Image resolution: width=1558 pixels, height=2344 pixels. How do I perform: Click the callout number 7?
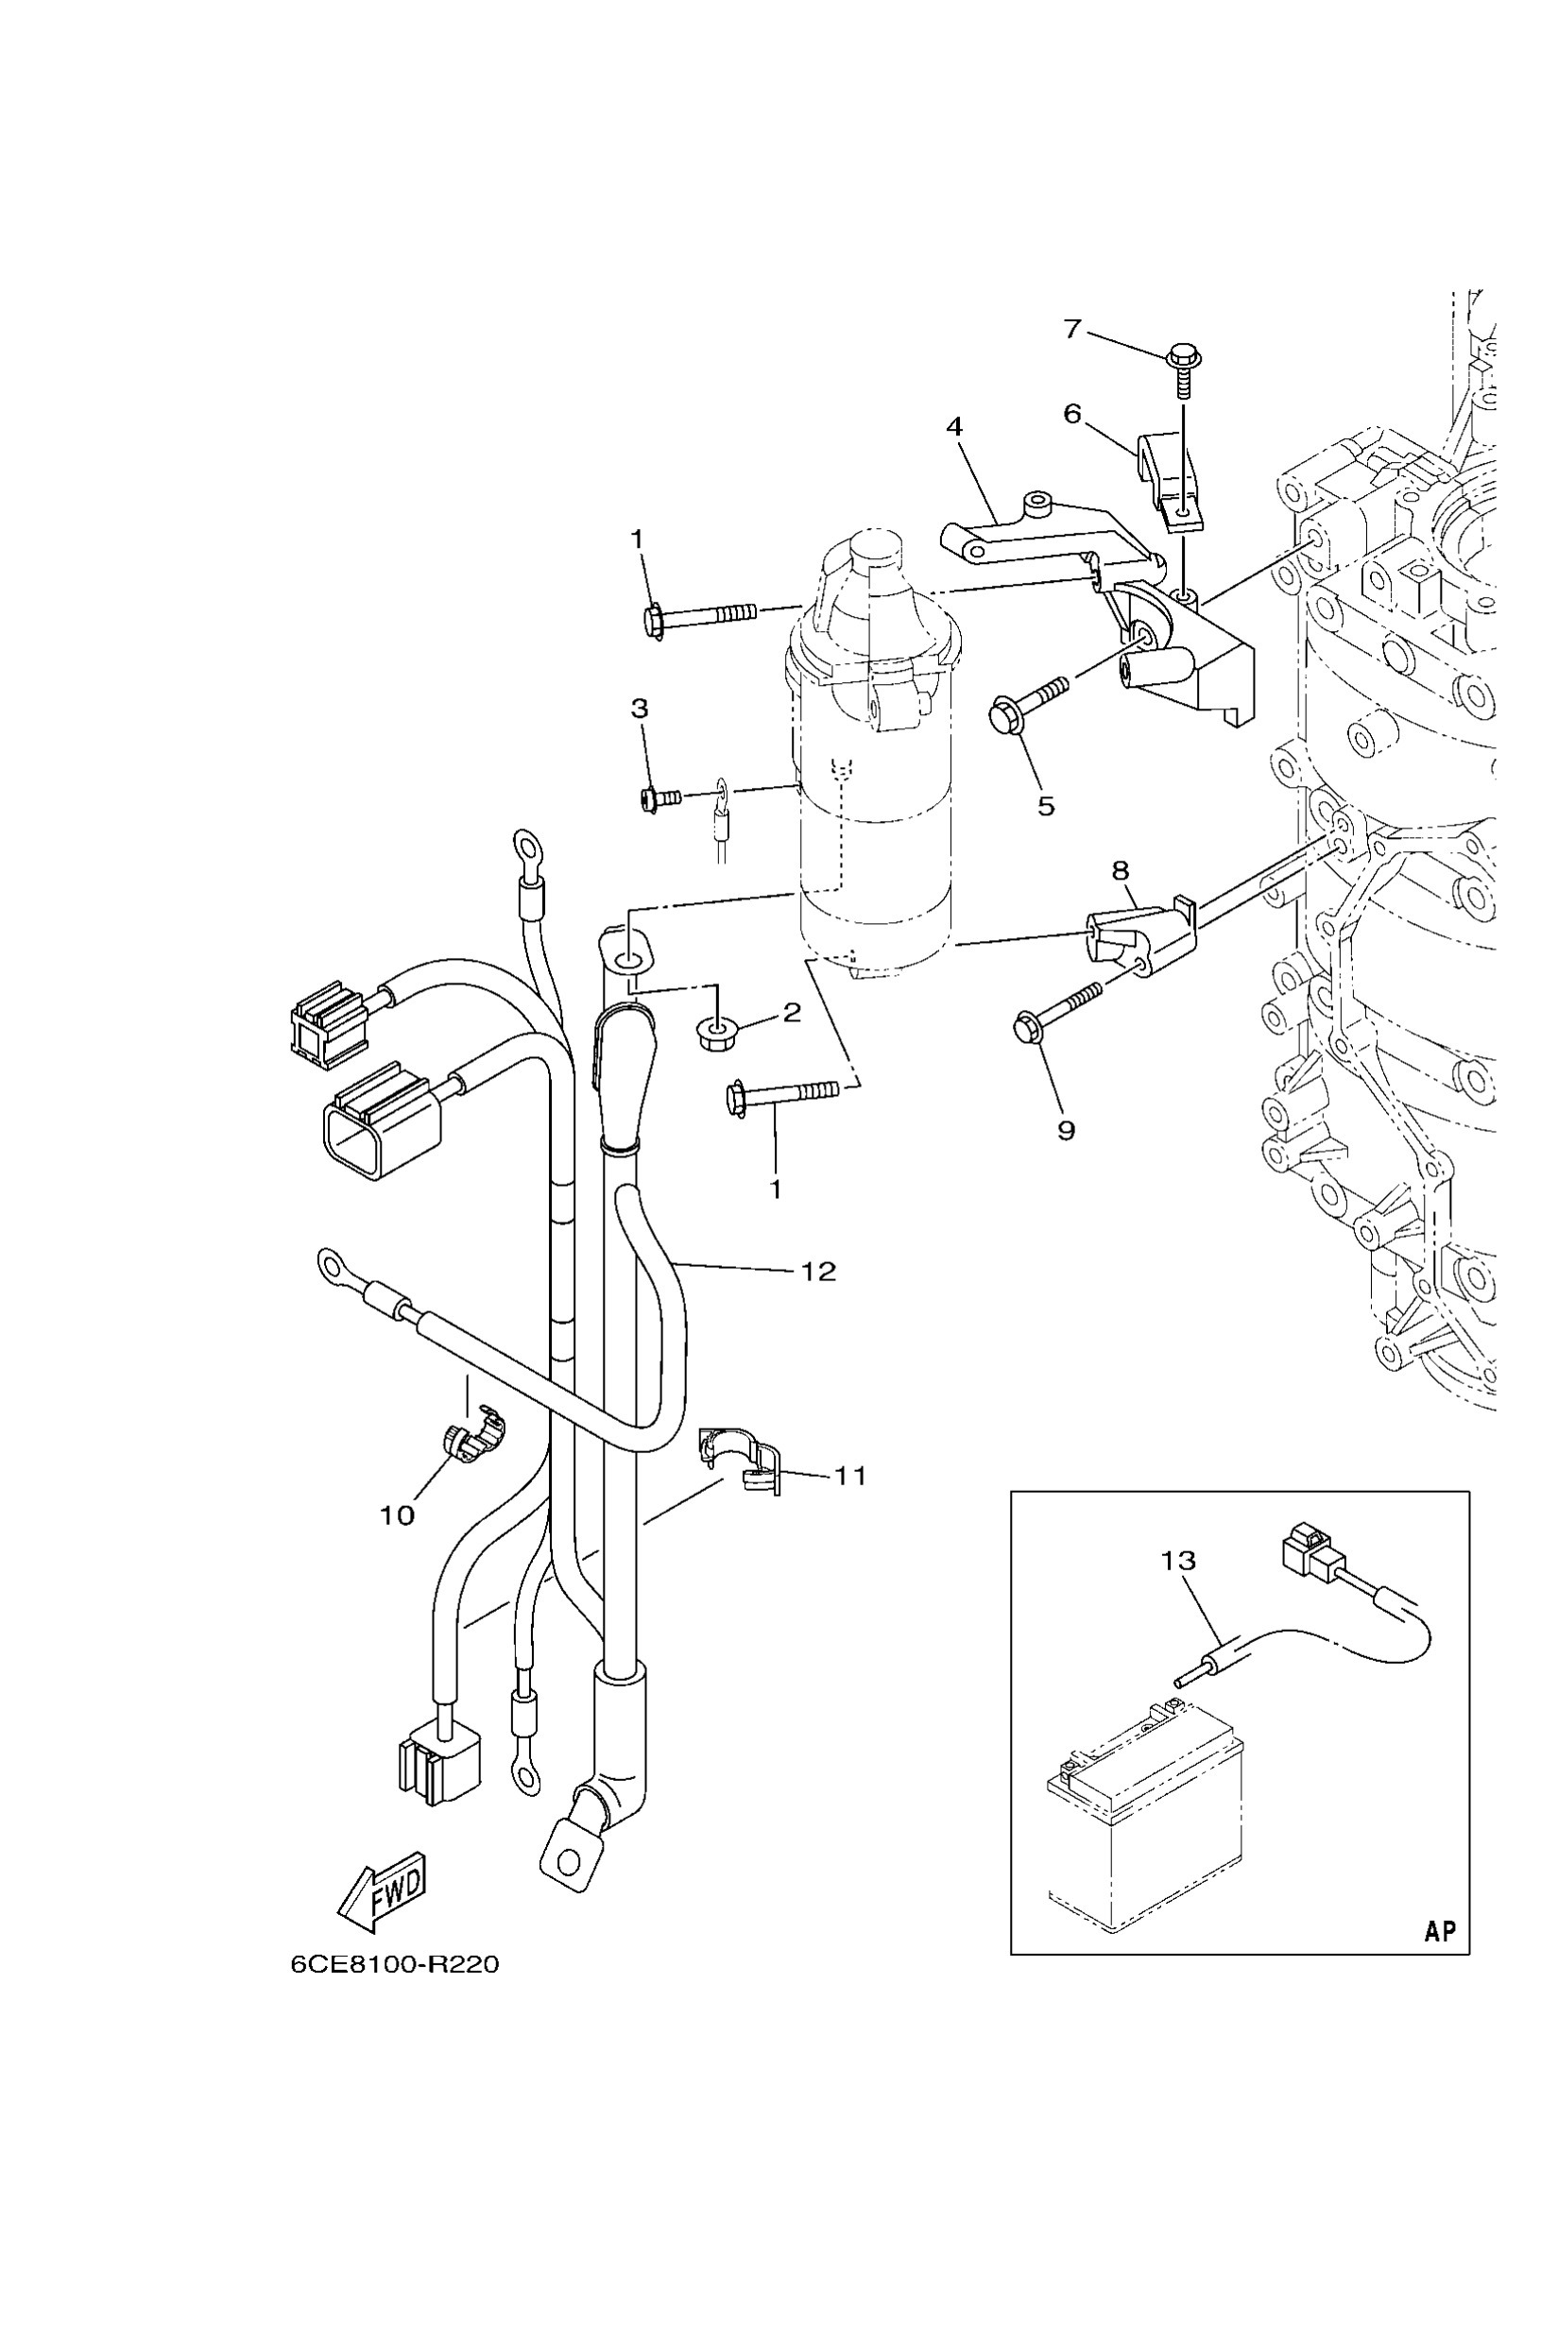(x=1071, y=329)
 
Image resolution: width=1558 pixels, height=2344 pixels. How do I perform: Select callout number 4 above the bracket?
(x=954, y=427)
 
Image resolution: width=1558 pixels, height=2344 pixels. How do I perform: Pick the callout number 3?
(x=640, y=709)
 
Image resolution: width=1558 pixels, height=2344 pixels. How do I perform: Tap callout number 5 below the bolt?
(x=1045, y=806)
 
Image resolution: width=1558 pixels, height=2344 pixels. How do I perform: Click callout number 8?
(x=1121, y=871)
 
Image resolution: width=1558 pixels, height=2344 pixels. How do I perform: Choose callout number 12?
(x=819, y=1271)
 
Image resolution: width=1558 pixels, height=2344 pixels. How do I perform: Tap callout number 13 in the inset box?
(x=1178, y=1561)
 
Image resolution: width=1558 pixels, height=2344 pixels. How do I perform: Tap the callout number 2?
(x=792, y=1013)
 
